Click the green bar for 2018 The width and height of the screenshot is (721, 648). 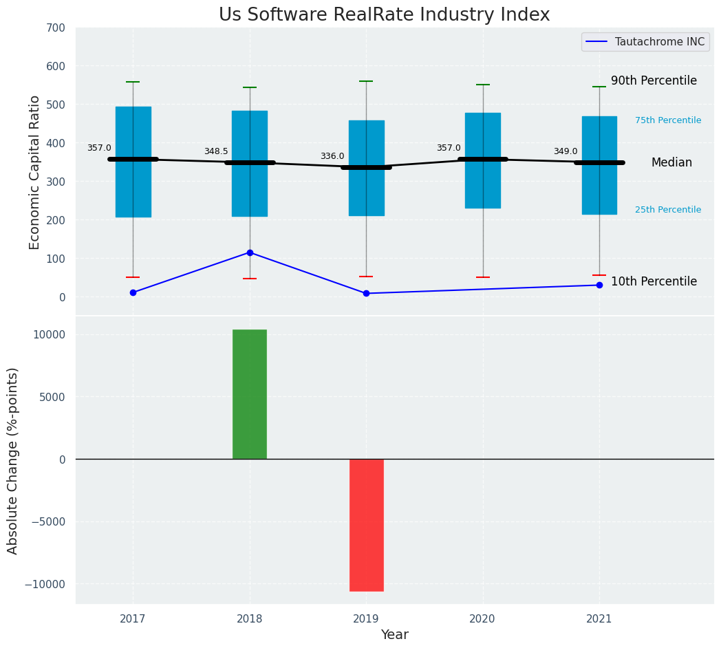249,394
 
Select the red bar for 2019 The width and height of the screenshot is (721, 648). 366,525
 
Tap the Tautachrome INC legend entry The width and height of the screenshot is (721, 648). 645,42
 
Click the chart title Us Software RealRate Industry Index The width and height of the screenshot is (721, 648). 384,15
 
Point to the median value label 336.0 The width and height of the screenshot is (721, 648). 332,156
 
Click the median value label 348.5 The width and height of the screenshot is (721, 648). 216,151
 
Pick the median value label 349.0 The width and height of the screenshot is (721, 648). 566,151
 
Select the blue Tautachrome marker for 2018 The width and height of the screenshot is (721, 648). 250,252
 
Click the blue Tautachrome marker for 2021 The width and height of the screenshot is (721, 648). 599,285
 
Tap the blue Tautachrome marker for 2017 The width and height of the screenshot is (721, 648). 133,292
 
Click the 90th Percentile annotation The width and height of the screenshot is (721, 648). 654,80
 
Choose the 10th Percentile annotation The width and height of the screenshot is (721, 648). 654,281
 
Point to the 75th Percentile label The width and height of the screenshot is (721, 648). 667,120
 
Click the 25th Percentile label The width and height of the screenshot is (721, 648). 667,210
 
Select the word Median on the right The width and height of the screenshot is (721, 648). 671,162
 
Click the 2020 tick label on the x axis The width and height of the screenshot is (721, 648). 482,619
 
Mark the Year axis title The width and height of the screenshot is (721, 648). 394,635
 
